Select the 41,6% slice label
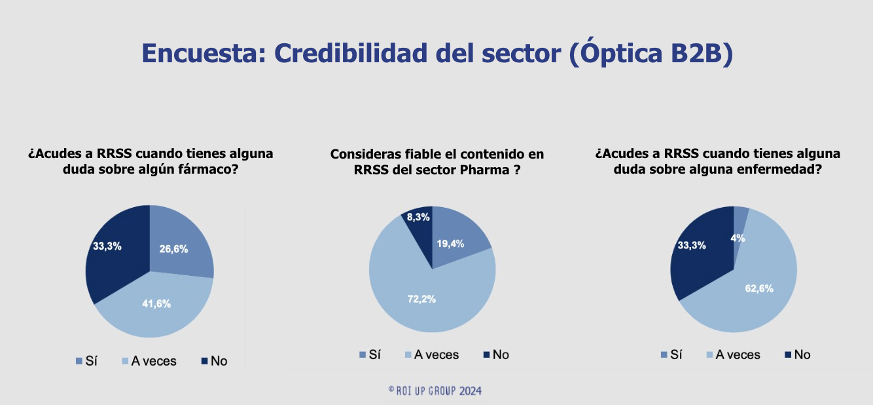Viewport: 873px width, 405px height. click(156, 303)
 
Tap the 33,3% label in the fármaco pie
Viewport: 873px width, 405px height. click(107, 246)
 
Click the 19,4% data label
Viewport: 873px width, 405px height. click(450, 244)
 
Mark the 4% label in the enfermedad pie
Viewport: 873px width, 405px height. click(738, 238)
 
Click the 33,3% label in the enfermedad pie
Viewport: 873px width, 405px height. click(692, 245)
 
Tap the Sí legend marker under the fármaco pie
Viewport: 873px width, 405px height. click(79, 361)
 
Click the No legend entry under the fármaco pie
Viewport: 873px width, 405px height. click(215, 361)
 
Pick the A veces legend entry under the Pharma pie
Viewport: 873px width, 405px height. click(432, 355)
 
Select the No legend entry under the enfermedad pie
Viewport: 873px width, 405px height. click(797, 355)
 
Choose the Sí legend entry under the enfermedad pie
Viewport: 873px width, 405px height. click(671, 355)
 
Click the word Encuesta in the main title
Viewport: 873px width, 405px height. click(204, 53)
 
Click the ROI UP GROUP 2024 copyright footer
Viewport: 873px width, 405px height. click(435, 391)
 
